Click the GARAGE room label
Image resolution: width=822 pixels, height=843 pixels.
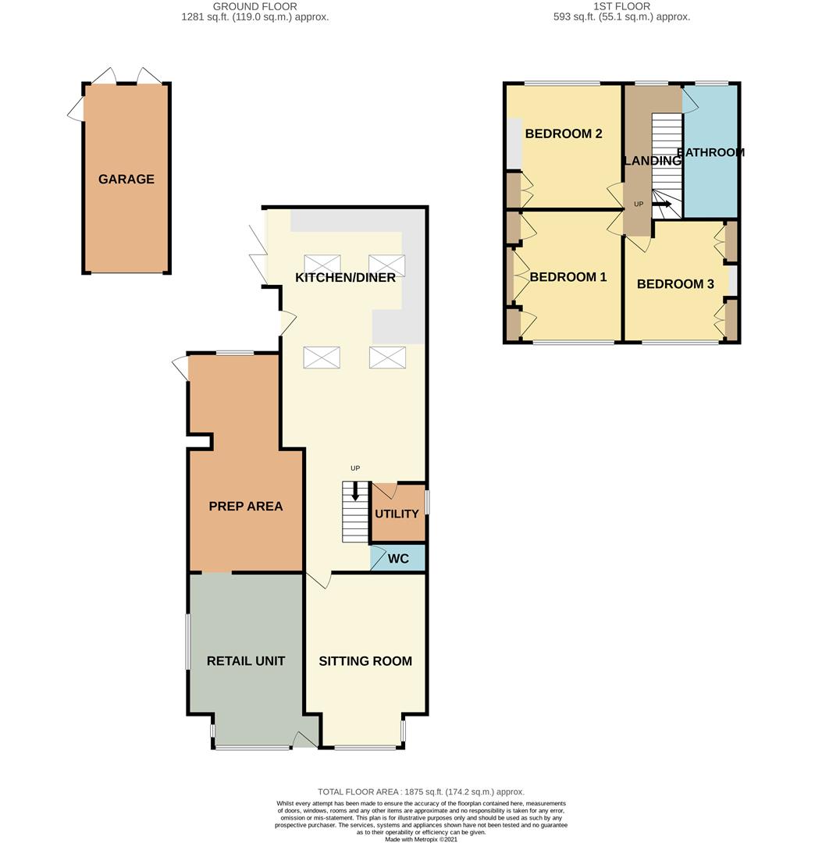(x=126, y=179)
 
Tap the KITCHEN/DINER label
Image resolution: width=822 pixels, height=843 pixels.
(x=346, y=277)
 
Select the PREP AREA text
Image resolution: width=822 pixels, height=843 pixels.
(x=246, y=506)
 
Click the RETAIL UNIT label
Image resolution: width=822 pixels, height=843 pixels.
(x=246, y=661)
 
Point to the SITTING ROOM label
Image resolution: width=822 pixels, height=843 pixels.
(x=365, y=661)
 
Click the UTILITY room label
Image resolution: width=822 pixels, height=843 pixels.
(x=397, y=514)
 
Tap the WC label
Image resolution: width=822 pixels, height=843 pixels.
(x=398, y=559)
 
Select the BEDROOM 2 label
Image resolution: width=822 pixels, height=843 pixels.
(x=564, y=133)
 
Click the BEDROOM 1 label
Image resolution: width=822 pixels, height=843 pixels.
(x=568, y=277)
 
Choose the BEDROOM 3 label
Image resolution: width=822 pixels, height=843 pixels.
(x=676, y=284)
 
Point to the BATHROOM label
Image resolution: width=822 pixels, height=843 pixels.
(x=710, y=152)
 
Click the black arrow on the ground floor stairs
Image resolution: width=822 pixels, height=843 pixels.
(x=355, y=491)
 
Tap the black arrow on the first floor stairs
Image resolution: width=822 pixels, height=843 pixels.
(x=662, y=204)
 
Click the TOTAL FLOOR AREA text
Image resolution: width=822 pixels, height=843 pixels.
(x=421, y=791)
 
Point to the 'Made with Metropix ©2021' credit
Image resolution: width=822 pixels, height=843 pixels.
(x=421, y=838)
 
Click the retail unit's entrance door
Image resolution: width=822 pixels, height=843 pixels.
(x=304, y=739)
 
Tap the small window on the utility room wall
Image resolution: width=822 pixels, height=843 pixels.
(x=428, y=502)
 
